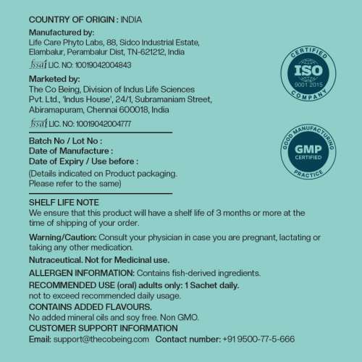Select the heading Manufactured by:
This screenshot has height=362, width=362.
pyautogui.click(x=61, y=33)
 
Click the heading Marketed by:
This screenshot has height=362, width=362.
pyautogui.click(x=54, y=78)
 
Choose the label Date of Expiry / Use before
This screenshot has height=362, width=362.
pyautogui.click(x=83, y=161)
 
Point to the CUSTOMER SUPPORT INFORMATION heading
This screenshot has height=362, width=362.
pyautogui.click(x=104, y=328)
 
